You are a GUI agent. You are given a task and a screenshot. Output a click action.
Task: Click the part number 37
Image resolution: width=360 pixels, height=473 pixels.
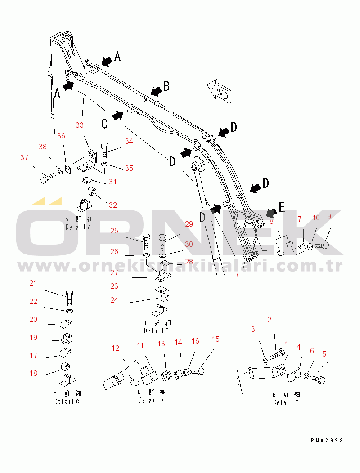pyautogui.click(x=24, y=157)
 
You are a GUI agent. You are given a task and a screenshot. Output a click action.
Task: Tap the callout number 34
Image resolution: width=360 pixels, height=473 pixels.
pyautogui.click(x=129, y=141)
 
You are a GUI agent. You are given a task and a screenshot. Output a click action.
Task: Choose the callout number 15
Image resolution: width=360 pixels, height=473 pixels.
pyautogui.click(x=216, y=339)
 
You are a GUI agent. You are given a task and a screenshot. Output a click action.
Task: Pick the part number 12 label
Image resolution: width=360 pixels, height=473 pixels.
pyautogui.click(x=116, y=348)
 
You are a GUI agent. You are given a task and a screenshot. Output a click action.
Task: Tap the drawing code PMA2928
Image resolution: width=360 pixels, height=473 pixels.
pyautogui.click(x=327, y=441)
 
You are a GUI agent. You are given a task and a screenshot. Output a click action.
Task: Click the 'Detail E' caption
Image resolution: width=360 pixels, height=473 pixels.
pyautogui.click(x=285, y=398)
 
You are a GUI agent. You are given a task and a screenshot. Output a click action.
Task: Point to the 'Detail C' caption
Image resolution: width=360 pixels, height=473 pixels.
pyautogui.click(x=67, y=397)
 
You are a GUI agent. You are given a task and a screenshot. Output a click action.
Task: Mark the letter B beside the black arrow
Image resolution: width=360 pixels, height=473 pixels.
pyautogui.click(x=166, y=86)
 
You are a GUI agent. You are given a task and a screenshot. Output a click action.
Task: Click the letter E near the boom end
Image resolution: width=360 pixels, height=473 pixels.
pyautogui.click(x=282, y=208)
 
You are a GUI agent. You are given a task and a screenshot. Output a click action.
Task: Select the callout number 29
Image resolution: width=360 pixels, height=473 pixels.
pyautogui.click(x=189, y=223)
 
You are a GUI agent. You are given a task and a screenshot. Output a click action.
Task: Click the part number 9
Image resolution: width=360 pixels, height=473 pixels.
pyautogui.click(x=328, y=216)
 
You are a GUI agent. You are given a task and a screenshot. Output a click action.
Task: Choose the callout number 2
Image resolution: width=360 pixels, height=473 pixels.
pyautogui.click(x=269, y=320)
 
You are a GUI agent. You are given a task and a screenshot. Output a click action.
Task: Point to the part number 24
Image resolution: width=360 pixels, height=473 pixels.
pyautogui.click(x=114, y=300)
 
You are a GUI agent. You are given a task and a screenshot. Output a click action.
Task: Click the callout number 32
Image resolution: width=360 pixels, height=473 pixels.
pyautogui.click(x=112, y=205)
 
